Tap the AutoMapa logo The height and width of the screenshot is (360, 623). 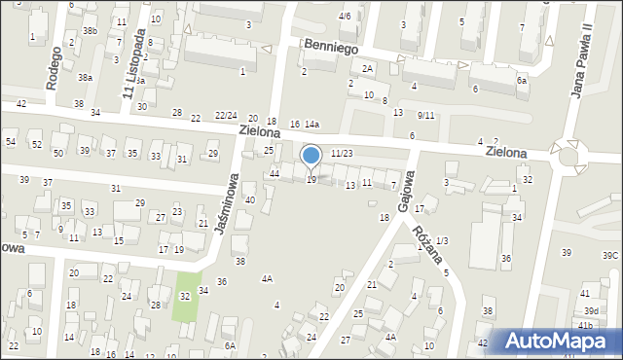pos(560,341)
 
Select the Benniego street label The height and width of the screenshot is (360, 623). pos(331,46)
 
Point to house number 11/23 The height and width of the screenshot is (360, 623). pos(342,154)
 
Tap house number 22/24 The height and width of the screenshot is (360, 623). pos(226,115)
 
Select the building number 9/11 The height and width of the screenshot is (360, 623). pos(425,116)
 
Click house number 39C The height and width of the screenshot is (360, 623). pos(609,255)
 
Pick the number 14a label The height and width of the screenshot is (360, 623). pos(311,125)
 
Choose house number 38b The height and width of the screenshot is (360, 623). pos(91,31)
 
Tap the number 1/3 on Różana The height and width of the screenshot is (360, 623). pos(442,240)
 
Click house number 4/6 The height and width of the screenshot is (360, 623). pos(345,17)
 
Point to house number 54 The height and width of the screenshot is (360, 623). pos(11,142)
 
